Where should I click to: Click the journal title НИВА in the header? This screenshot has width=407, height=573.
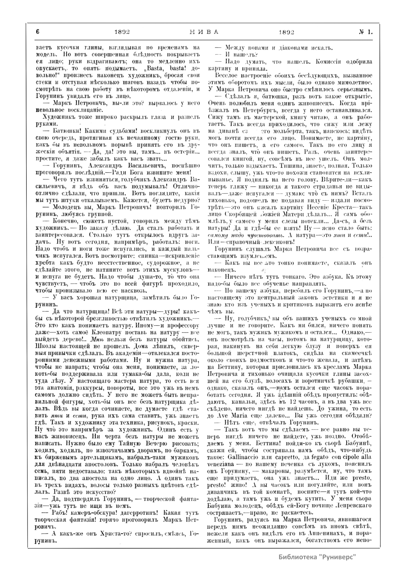click(x=203, y=32)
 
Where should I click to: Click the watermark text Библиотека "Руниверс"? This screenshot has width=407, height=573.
click(x=317, y=557)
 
